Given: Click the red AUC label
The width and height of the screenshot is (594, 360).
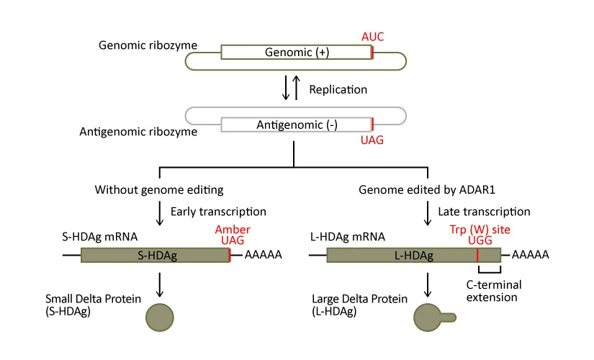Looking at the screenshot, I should [x=373, y=35].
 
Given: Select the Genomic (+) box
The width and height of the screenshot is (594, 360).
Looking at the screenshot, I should [x=296, y=52].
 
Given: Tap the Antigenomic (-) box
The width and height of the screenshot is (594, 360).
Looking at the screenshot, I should [x=296, y=125].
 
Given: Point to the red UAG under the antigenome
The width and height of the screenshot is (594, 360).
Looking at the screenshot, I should [x=372, y=140].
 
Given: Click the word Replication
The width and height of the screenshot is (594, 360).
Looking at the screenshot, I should [x=338, y=89].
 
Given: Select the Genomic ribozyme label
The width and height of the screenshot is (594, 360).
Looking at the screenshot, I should [x=148, y=45].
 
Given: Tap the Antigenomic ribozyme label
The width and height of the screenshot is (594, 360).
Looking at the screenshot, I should [x=139, y=132].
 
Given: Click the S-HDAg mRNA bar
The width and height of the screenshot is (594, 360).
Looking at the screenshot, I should [x=155, y=255].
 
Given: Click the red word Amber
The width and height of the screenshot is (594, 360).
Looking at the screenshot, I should [x=233, y=229].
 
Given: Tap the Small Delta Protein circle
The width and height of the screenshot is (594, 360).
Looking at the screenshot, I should [x=160, y=315].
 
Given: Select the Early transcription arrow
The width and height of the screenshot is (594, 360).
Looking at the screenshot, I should [x=160, y=213].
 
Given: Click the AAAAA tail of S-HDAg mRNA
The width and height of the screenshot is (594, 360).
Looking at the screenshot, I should [x=263, y=255].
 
